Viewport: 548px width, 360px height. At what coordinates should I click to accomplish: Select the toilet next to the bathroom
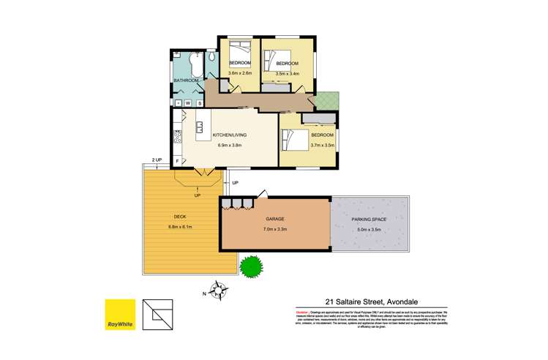pos(211,58)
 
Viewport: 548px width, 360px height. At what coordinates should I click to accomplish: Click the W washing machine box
pos(187,103)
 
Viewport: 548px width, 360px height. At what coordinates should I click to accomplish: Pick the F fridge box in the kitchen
pos(177,160)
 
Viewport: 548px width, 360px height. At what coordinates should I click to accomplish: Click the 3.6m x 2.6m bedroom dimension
pos(240,73)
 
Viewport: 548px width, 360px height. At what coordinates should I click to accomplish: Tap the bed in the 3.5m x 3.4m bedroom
pos(273,58)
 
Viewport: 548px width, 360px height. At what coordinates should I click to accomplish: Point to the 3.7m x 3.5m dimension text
pos(322,145)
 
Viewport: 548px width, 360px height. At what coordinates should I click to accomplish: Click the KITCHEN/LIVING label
pos(229,135)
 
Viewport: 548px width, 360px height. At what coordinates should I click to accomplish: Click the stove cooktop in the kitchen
pos(176,135)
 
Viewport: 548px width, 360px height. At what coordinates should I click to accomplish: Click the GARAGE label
pos(275,219)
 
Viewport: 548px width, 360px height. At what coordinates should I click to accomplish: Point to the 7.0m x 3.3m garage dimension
pos(275,230)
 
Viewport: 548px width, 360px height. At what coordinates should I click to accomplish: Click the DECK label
pos(179,217)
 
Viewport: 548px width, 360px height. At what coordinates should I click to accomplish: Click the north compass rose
pos(218,290)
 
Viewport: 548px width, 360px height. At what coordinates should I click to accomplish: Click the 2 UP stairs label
pos(156,160)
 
